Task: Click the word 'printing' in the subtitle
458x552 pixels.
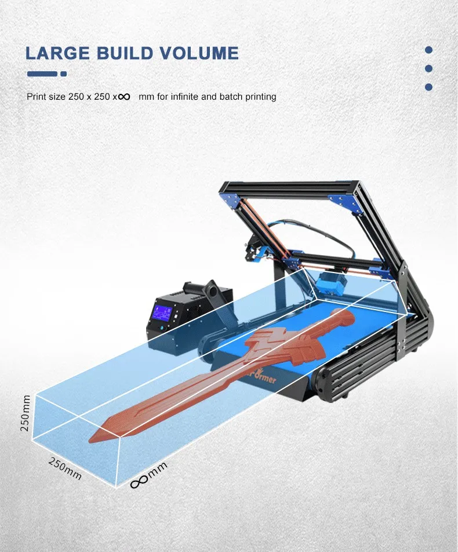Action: (x=261, y=97)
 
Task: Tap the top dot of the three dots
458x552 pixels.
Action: (x=429, y=50)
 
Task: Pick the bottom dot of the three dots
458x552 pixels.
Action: (x=429, y=87)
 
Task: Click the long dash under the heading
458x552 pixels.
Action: (x=42, y=74)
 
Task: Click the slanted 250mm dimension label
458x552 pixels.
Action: (x=64, y=468)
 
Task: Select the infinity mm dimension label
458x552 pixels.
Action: (x=148, y=475)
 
